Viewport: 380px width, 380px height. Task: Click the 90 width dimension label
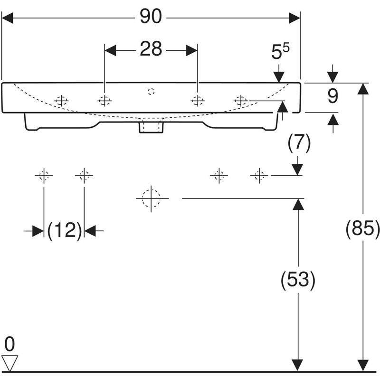click(x=151, y=17)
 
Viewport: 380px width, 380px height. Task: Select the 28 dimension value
click(x=151, y=48)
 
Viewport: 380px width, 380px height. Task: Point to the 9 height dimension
click(x=332, y=96)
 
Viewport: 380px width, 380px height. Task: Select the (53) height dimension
click(x=298, y=280)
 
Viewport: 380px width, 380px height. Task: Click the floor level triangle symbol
click(x=9, y=362)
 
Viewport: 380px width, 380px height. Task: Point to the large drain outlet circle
click(x=152, y=198)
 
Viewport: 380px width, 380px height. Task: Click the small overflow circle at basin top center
click(x=152, y=90)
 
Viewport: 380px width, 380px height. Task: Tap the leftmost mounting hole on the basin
click(x=61, y=101)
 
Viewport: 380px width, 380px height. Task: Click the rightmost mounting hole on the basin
click(x=241, y=101)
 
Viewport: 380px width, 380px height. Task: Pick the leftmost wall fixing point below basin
click(x=44, y=176)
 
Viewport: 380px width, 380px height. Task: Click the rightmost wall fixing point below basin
click(x=259, y=176)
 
